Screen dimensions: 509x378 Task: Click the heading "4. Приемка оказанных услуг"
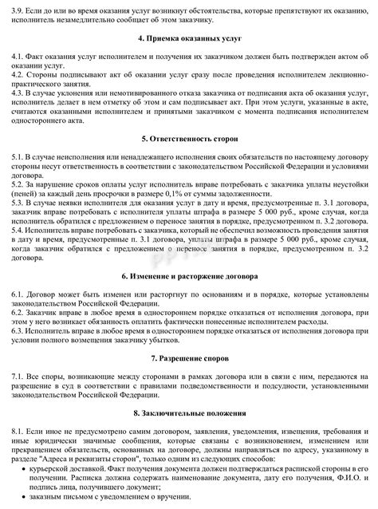point(188,38)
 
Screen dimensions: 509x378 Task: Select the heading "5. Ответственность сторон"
point(188,138)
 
